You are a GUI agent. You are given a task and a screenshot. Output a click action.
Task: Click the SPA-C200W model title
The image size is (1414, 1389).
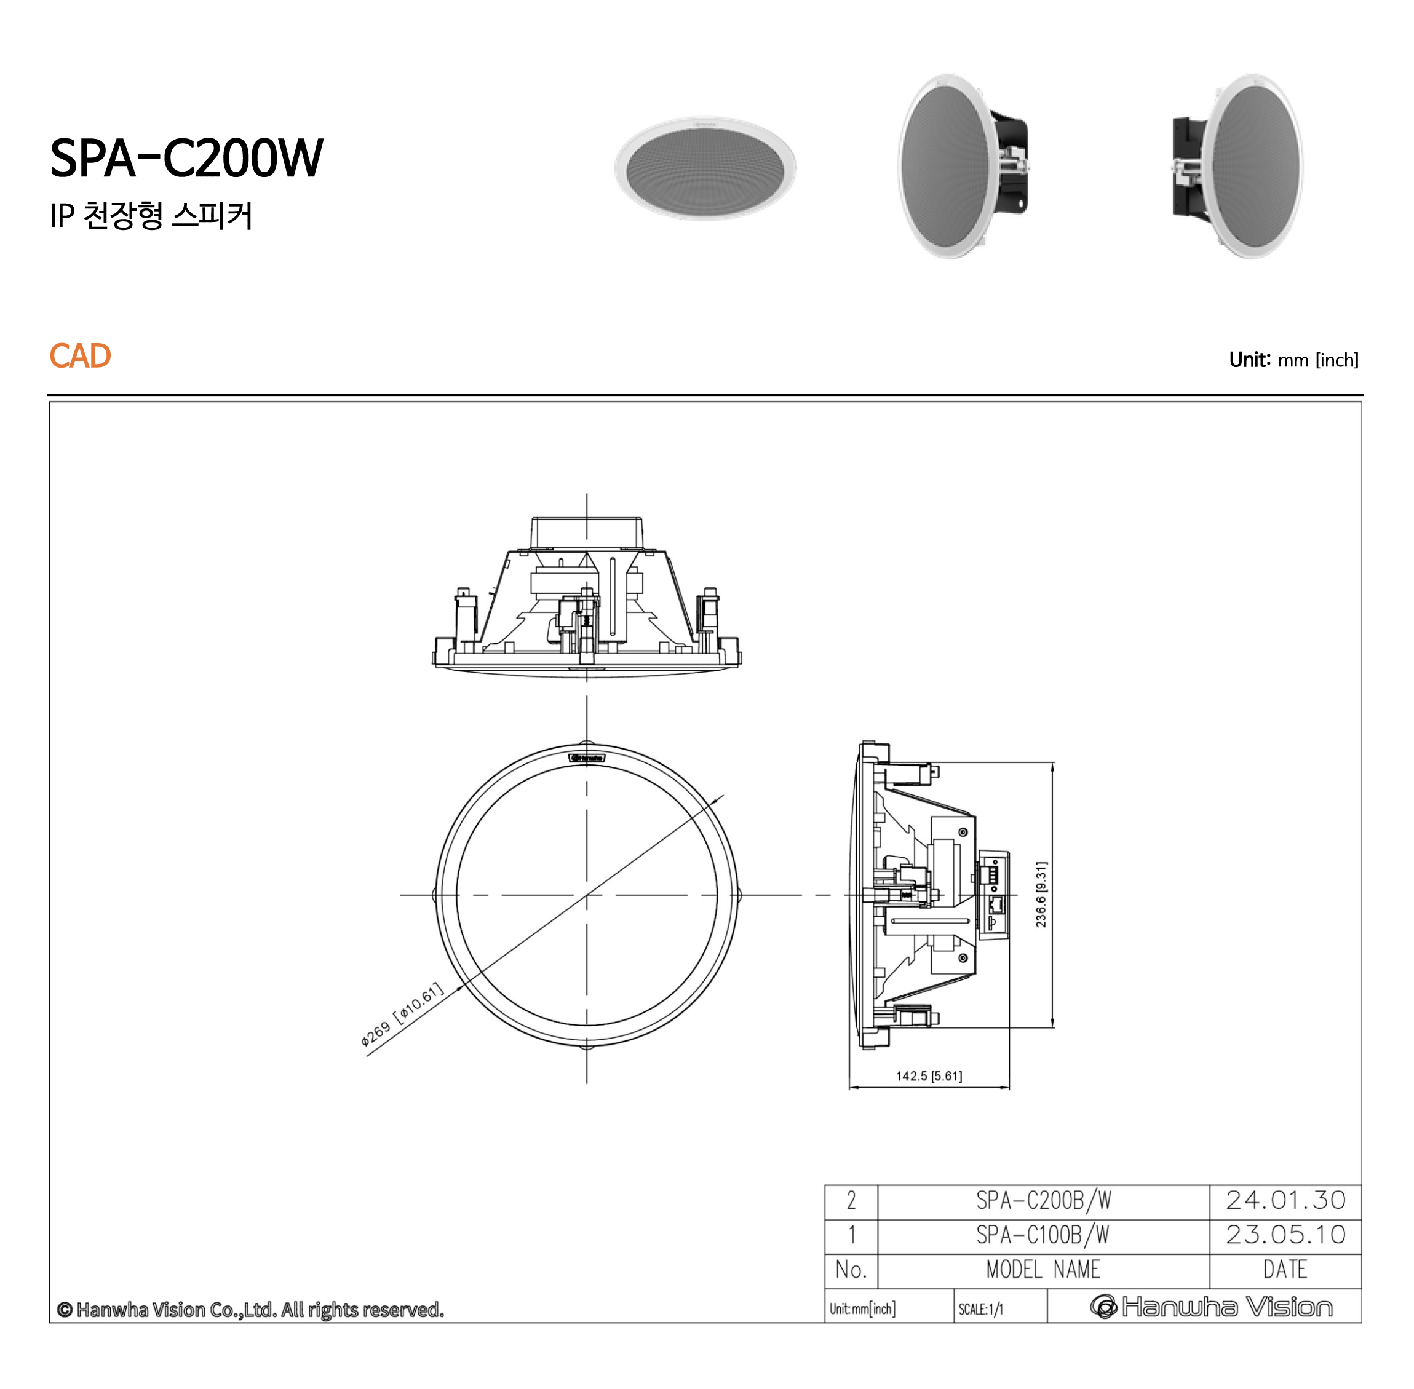[x=186, y=157]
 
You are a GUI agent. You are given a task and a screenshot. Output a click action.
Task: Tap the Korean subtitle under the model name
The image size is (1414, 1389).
[x=151, y=215]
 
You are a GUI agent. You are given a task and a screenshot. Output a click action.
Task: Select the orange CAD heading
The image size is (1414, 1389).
[x=79, y=356]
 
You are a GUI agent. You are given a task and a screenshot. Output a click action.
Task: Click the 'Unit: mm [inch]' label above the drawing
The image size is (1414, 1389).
[x=1293, y=360]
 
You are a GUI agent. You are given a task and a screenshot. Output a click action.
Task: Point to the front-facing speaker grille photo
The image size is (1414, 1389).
[x=705, y=168]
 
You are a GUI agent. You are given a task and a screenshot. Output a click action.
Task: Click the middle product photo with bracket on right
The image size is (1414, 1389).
[x=962, y=167]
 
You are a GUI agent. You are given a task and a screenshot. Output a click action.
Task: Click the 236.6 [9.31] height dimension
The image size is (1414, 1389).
[x=1041, y=895]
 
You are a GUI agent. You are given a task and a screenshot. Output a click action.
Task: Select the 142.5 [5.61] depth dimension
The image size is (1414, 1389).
[x=928, y=1076]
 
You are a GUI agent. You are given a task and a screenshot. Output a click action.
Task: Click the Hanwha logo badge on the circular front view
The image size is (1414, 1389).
[x=587, y=758]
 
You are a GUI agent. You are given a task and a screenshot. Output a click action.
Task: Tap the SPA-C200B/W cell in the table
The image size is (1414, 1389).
[x=1043, y=1200]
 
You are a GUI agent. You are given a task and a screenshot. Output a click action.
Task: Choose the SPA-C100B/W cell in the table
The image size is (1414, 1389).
[x=1043, y=1234]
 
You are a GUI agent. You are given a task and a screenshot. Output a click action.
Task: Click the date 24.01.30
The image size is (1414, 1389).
[x=1285, y=1200]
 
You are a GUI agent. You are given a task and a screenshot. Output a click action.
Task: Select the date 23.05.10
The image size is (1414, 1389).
[x=1285, y=1234]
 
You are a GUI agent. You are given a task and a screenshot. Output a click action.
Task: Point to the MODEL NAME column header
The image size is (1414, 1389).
[x=1043, y=1269]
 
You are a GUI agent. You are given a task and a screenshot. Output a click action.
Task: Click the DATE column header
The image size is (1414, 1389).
[x=1285, y=1269]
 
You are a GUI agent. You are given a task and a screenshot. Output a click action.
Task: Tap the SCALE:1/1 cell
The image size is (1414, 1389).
[x=980, y=1308]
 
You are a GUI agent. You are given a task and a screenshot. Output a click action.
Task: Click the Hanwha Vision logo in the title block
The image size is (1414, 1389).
[x=1211, y=1307]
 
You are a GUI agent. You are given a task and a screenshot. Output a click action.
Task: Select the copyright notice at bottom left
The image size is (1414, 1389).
[x=250, y=1310]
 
